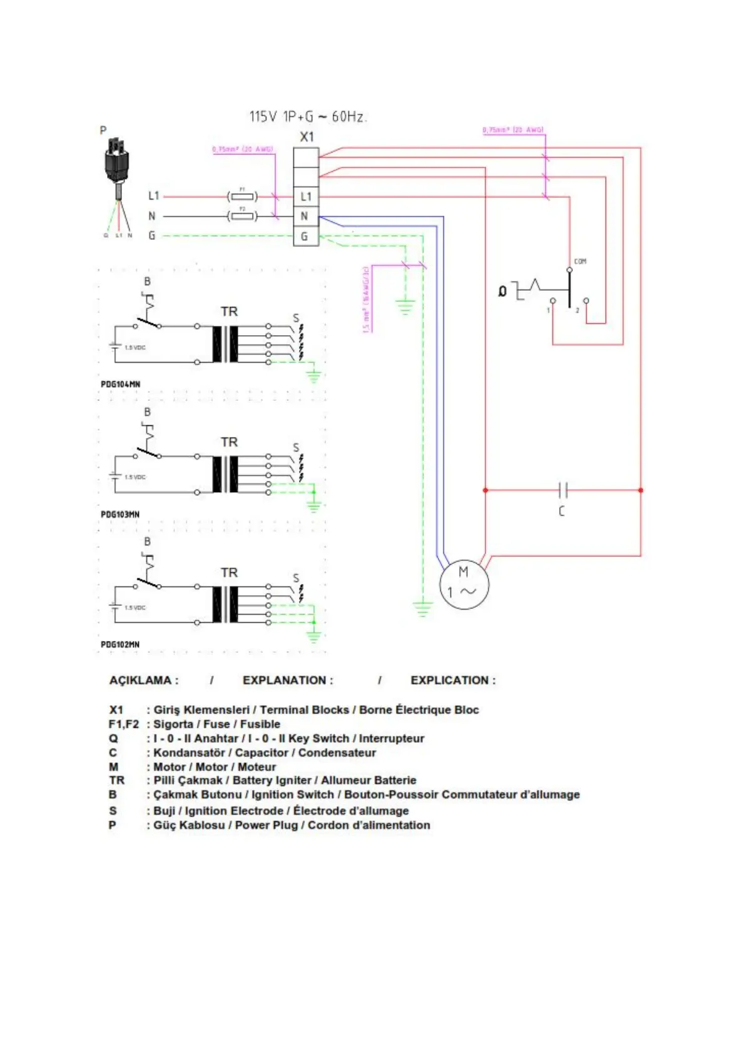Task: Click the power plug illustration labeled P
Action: click(x=116, y=161)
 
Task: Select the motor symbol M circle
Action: click(x=464, y=584)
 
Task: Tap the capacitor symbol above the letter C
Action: click(x=562, y=490)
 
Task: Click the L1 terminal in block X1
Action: click(x=306, y=196)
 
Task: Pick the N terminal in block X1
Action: click(x=305, y=216)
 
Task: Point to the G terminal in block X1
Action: click(x=305, y=236)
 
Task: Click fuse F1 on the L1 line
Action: click(x=243, y=196)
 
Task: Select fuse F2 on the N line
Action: click(x=243, y=216)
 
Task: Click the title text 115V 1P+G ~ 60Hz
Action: click(x=307, y=116)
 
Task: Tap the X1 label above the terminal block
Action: click(x=307, y=137)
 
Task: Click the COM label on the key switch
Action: click(x=580, y=261)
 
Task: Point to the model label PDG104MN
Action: click(x=120, y=384)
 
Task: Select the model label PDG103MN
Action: click(x=120, y=515)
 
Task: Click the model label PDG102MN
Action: click(x=120, y=645)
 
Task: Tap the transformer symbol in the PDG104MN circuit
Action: click(x=225, y=344)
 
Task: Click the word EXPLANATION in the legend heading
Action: click(x=288, y=680)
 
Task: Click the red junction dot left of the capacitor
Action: click(x=485, y=490)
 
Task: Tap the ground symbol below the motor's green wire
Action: click(x=423, y=608)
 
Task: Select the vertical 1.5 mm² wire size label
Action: click(x=367, y=300)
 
